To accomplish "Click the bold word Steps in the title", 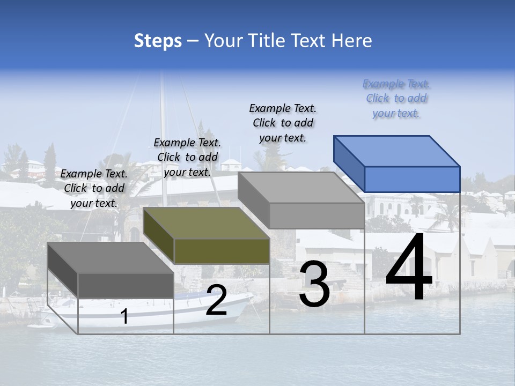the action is (158, 41).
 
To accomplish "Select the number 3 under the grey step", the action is (314, 285).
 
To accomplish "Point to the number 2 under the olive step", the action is (216, 300).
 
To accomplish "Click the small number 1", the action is (124, 316).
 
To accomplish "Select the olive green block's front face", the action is (222, 251).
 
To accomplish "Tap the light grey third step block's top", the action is (300, 188).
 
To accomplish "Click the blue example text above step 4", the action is (396, 98).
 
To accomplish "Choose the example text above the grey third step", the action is (283, 123).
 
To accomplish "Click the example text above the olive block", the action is (187, 157).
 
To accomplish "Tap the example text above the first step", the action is (94, 188).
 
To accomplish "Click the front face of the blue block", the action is (412, 179).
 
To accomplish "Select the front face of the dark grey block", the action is (126, 285).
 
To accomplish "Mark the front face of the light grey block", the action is (317, 216).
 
